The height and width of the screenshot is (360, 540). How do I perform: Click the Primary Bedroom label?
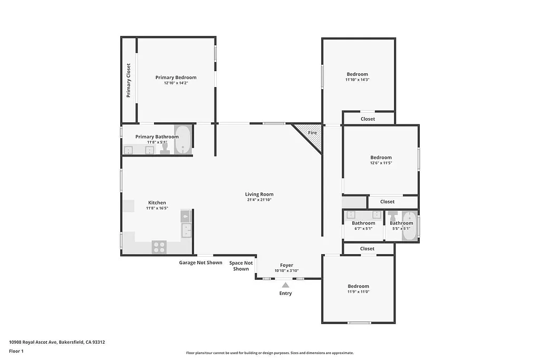click(x=176, y=77)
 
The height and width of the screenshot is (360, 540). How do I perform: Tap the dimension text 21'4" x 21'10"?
click(x=259, y=200)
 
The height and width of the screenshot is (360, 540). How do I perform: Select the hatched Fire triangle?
click(x=310, y=134)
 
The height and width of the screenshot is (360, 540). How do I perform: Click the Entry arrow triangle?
click(x=285, y=285)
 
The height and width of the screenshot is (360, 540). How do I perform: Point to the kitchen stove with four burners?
click(x=159, y=247)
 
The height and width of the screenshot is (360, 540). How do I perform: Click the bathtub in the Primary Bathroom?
click(x=182, y=140)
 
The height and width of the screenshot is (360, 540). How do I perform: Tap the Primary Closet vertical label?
click(x=128, y=81)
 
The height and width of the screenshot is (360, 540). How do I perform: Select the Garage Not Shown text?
click(x=200, y=262)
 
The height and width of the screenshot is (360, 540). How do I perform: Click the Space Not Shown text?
click(x=241, y=266)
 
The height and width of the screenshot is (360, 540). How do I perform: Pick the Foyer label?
click(x=286, y=265)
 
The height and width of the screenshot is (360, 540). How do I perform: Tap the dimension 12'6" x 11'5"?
click(x=381, y=163)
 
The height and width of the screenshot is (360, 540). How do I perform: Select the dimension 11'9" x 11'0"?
click(x=358, y=291)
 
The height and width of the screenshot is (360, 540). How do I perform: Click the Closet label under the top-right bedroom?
click(x=368, y=119)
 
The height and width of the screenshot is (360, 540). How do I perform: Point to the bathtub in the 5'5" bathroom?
click(x=409, y=227)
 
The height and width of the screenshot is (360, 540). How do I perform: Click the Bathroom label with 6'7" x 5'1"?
click(x=363, y=223)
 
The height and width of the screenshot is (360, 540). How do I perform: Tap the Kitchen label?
click(x=157, y=202)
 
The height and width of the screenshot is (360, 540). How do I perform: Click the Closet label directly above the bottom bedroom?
click(x=367, y=248)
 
